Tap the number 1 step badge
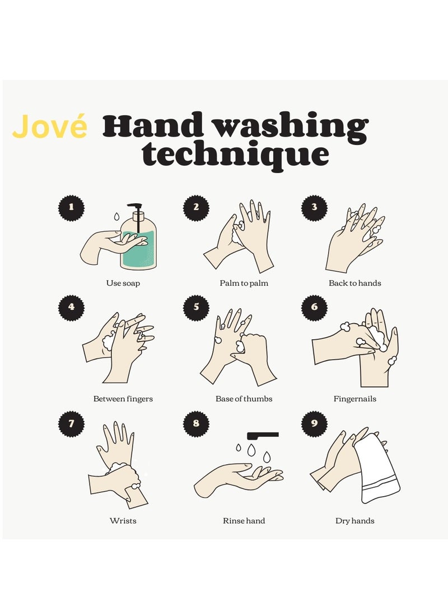click(x=71, y=207)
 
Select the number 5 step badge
click(x=196, y=307)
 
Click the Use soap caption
click(x=123, y=283)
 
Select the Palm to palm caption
click(x=244, y=283)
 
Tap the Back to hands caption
click(x=354, y=283)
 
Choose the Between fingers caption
click(x=123, y=399)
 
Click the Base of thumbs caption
click(x=244, y=399)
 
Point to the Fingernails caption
click(x=354, y=399)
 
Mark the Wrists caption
click(x=123, y=521)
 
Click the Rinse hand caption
click(x=244, y=521)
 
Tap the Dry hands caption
click(x=354, y=521)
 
